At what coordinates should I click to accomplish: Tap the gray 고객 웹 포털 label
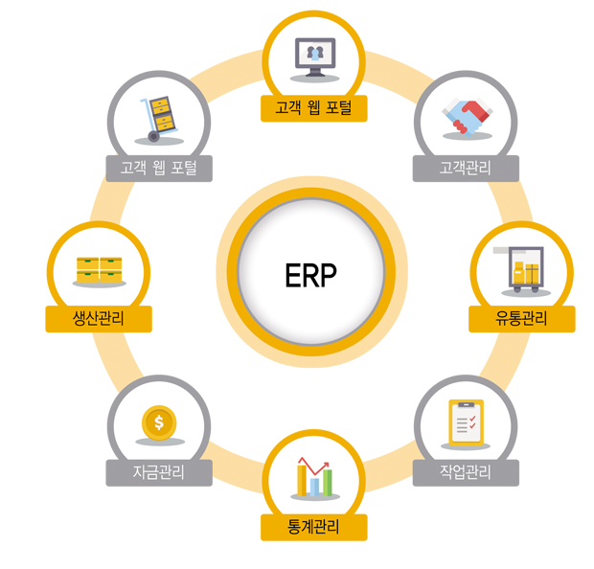[158, 169]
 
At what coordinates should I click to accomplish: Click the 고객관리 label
[465, 169]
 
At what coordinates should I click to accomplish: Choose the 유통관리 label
[521, 319]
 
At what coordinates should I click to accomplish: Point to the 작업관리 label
[465, 472]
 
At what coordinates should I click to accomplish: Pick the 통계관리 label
[313, 527]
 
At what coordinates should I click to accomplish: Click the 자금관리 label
[158, 472]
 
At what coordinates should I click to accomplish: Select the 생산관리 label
[99, 319]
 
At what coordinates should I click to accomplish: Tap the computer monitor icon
[314, 57]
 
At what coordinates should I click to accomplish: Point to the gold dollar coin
[158, 421]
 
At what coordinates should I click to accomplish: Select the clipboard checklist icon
[467, 421]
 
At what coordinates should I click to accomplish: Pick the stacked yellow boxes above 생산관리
[99, 268]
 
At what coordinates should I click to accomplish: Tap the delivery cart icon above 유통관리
[521, 268]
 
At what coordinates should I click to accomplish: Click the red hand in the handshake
[474, 121]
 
